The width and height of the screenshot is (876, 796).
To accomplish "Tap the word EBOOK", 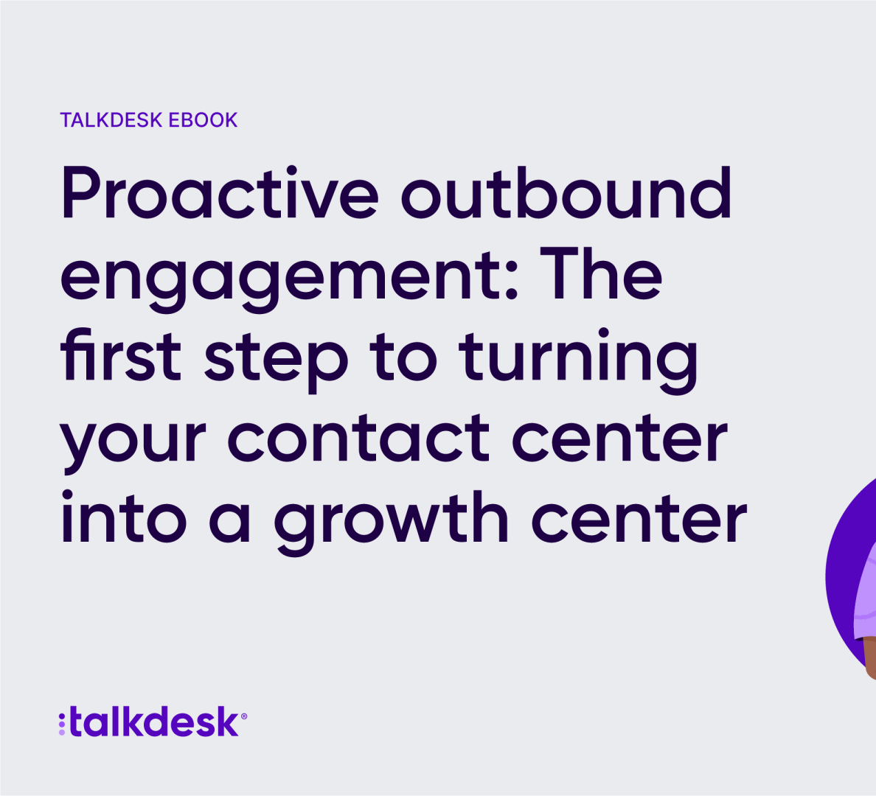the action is (203, 120).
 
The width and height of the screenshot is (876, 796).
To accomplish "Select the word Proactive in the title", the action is (220, 192).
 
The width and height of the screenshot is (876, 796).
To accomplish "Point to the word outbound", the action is (566, 192).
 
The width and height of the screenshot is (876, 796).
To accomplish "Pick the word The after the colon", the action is (601, 273).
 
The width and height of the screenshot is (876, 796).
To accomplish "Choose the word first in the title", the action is (121, 355).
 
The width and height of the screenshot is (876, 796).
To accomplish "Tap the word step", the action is (276, 360).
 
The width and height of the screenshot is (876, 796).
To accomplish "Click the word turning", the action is (577, 360).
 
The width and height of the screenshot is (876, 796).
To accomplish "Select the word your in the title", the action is (133, 442).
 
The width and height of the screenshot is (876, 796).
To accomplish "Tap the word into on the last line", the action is (123, 517).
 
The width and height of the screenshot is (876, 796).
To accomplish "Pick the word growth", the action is (391, 523).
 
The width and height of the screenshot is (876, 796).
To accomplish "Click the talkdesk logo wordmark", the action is (155, 721).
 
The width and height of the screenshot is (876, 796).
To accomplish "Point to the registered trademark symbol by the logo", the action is (243, 716).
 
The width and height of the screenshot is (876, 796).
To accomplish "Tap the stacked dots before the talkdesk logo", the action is (62, 724).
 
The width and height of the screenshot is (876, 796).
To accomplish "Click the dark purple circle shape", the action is (843, 576).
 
